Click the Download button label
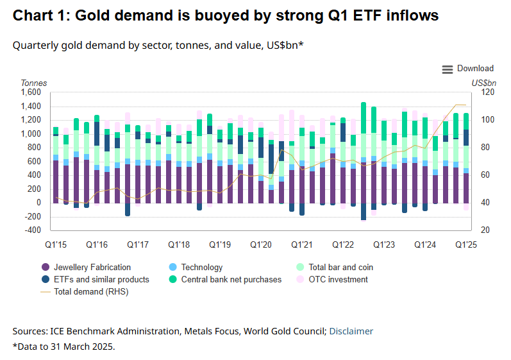pyautogui.click(x=475, y=69)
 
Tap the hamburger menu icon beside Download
pyautogui.click(x=448, y=69)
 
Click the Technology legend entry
pyautogui.click(x=201, y=267)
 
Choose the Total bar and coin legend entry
pyautogui.click(x=340, y=267)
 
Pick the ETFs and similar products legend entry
pyautogui.click(x=101, y=279)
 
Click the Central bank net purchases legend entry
pyautogui.click(x=231, y=279)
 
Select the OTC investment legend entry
pyautogui.click(x=338, y=279)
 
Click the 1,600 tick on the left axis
pyautogui.click(x=30, y=92)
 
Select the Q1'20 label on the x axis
pyautogui.click(x=261, y=244)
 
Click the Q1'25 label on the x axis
pyautogui.click(x=466, y=244)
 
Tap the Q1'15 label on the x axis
pyautogui.click(x=56, y=244)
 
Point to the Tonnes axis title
pyautogui.click(x=34, y=83)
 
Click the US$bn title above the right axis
pyautogui.click(x=484, y=83)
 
